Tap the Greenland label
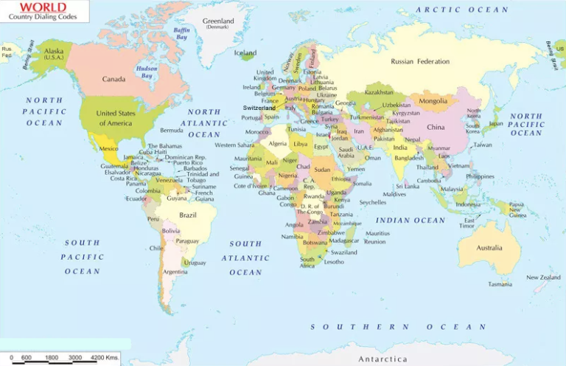coord(218,21)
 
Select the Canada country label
coord(113,79)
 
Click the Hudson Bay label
coord(147,72)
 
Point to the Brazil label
coord(188,215)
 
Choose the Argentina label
coord(175,272)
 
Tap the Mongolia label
coord(433,101)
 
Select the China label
coord(436,127)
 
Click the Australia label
coord(489,248)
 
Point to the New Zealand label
coord(543,277)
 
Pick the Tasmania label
coord(500,284)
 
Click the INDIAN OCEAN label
coord(410,221)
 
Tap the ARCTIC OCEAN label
coord(462,10)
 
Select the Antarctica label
coord(382,359)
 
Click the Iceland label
coord(245,53)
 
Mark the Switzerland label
coord(259,108)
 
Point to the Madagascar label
coord(344,241)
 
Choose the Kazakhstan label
coord(379,93)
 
